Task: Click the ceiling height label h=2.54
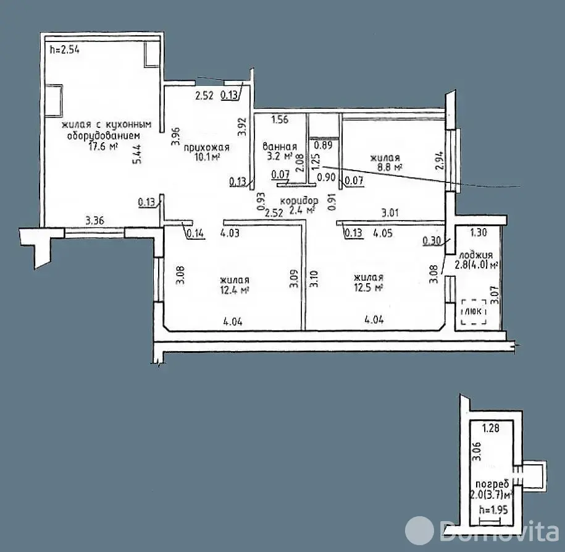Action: [x=64, y=49]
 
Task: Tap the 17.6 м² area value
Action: [x=103, y=146]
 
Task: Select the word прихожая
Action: [x=206, y=147]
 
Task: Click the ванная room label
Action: [x=280, y=146]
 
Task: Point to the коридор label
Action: [x=299, y=201]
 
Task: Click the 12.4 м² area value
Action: [x=235, y=290]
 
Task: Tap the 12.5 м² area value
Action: [x=368, y=287]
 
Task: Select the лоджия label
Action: [x=476, y=255]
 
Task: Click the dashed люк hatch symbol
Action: [x=474, y=312]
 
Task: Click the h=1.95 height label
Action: [x=493, y=509]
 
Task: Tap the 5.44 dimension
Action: [x=137, y=154]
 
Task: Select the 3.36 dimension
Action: [x=94, y=220]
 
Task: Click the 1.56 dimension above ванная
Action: [x=280, y=119]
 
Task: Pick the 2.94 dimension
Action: [x=439, y=161]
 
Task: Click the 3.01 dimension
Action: [x=390, y=213]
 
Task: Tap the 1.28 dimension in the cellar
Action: [x=491, y=428]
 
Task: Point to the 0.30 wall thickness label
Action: [x=432, y=240]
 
